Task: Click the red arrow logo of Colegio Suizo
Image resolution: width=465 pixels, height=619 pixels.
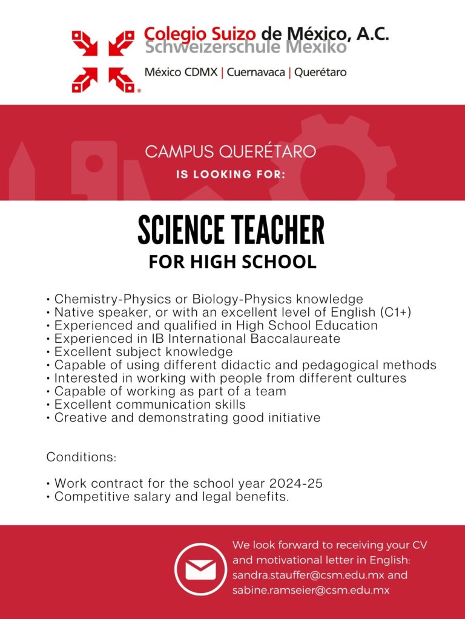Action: (x=103, y=61)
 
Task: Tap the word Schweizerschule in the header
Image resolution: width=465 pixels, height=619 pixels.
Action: (x=203, y=48)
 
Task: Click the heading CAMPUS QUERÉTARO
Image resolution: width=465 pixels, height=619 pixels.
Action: (x=230, y=151)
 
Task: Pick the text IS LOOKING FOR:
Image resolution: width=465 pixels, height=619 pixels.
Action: (x=230, y=175)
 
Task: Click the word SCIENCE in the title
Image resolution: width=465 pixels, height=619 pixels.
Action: (x=180, y=231)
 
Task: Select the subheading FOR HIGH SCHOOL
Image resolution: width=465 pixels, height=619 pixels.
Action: (x=232, y=262)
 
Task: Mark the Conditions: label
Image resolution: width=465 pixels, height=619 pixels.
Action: (x=81, y=457)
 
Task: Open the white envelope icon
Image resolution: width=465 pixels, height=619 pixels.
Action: (x=200, y=569)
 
